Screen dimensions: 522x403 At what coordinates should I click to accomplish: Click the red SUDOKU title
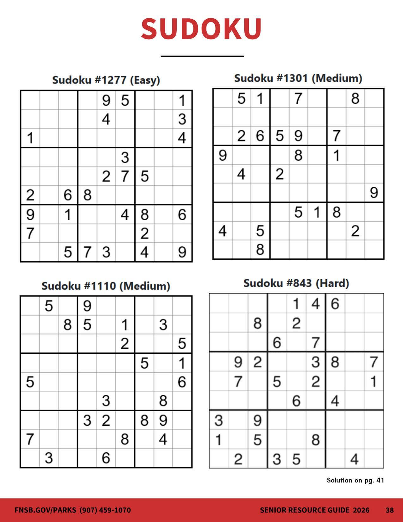point(201,28)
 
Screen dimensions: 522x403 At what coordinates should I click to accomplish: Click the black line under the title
point(202,56)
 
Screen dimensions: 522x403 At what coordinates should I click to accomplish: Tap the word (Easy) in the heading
point(145,80)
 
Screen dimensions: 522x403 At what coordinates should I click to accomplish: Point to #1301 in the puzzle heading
point(292,78)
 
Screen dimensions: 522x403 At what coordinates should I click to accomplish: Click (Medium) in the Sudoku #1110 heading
point(145,286)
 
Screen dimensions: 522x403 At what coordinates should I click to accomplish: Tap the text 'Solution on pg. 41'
point(355,480)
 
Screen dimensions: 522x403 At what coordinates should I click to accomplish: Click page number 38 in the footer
point(389,510)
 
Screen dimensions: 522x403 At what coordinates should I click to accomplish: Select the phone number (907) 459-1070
point(105,510)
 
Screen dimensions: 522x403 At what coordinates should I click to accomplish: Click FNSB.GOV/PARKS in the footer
point(46,510)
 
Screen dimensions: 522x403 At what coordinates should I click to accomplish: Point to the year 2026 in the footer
point(361,510)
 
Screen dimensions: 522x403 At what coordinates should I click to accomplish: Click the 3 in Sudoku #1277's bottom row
point(106,252)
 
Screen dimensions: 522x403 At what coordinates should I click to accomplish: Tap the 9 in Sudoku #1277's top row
point(106,101)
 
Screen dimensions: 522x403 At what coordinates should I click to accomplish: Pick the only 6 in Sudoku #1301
point(260,136)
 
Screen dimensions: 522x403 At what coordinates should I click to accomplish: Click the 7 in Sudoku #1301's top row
point(298,98)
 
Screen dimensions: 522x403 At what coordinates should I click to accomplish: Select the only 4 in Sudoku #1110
point(163,439)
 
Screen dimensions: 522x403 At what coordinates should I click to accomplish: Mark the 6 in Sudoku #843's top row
point(335,304)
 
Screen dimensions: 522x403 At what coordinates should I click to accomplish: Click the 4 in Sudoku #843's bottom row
point(354,459)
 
